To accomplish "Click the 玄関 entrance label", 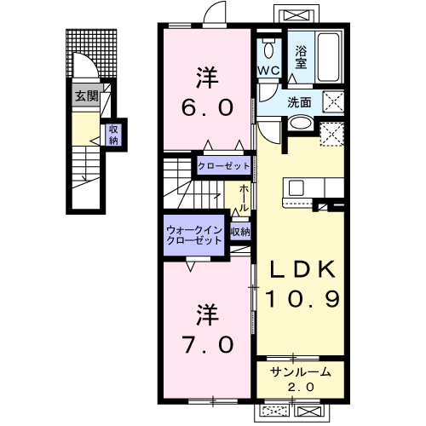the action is point(87,96).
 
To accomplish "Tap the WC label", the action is point(268,71).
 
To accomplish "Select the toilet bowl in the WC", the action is point(268,49).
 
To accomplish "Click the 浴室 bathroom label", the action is point(301,57).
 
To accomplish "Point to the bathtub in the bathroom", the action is point(328,58).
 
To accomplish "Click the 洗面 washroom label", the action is point(299,102).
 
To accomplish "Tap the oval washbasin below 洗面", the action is point(300,124).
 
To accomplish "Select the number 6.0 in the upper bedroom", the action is point(207,107).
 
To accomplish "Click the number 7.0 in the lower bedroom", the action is point(208,344).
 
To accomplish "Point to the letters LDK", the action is point(302,269).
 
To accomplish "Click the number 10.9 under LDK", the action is point(302,299).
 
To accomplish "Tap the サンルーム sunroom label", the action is point(301,371).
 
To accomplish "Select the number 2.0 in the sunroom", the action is point(301,387).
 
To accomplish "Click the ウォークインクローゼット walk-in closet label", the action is point(194,235).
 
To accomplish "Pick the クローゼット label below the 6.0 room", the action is point(224,166).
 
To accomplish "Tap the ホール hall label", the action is point(243,198).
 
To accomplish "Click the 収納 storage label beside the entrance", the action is point(113,135).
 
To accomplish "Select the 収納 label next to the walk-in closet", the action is point(240,232).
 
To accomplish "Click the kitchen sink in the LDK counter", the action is point(296,187).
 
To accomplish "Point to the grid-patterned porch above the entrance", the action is point(91,54).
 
